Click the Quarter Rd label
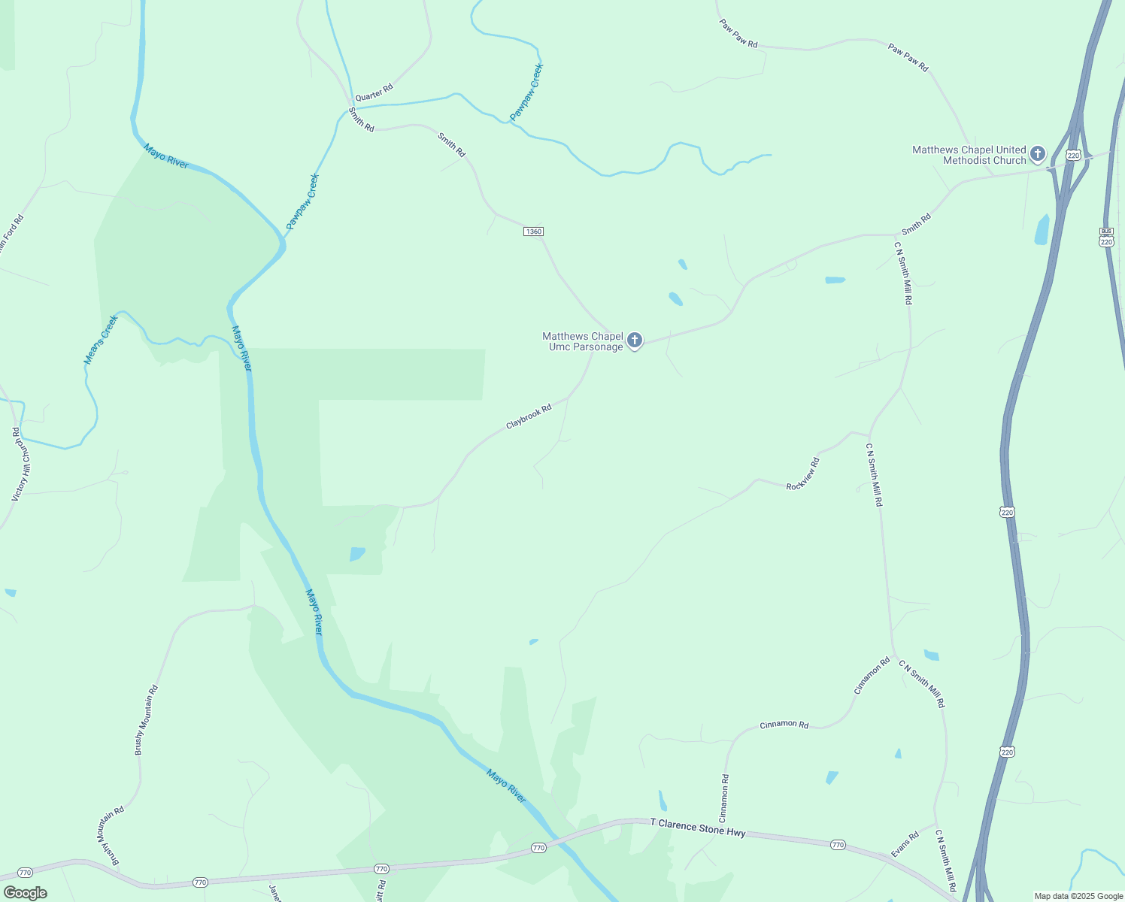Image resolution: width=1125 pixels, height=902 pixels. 374,92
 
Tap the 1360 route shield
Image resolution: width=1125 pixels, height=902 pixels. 533,232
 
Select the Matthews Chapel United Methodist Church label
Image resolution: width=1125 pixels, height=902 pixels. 969,155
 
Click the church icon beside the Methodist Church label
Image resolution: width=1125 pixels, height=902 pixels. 1038,154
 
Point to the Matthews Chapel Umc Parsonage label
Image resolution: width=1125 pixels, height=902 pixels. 583,341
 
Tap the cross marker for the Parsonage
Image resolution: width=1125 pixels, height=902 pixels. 635,341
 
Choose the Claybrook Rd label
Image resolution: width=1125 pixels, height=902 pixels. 529,416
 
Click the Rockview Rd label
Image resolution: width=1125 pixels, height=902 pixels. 802,474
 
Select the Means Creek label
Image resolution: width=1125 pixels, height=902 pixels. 101,340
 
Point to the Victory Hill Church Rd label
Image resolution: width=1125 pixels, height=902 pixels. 20,465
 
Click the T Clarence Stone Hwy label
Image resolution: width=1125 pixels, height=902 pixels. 698,828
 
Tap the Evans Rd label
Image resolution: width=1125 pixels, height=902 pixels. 905,844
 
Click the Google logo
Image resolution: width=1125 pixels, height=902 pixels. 25,893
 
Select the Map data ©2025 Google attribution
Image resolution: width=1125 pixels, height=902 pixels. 1078,896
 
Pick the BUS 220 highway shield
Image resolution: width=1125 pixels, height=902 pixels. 1106,237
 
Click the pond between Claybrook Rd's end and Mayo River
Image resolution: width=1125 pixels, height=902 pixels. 356,554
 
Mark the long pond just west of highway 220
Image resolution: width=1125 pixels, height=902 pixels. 1042,230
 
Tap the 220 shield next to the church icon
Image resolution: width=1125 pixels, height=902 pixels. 1073,156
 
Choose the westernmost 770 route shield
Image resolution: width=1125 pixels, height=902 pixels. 25,873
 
